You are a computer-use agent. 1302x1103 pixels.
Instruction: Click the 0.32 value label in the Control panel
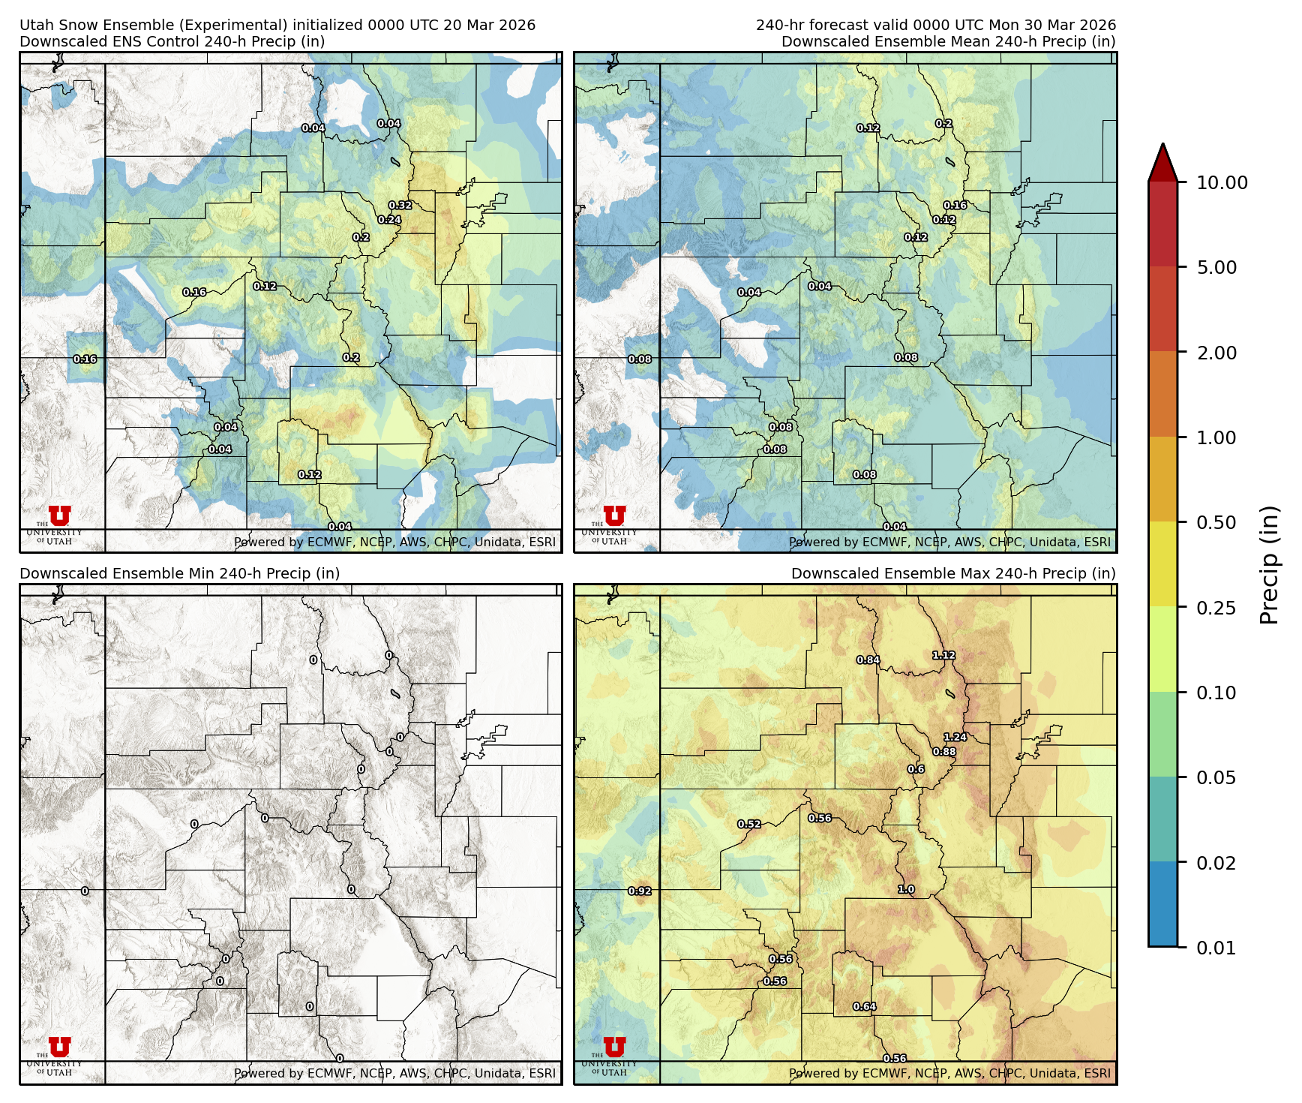tap(400, 206)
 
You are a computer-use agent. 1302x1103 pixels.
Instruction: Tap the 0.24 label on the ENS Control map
tap(389, 220)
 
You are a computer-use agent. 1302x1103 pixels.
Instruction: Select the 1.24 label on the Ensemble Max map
tap(955, 737)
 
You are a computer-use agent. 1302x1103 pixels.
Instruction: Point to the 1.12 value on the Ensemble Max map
tap(943, 655)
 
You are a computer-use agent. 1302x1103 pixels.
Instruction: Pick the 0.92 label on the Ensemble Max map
tap(640, 891)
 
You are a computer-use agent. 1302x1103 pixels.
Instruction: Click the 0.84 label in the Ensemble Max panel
tap(868, 660)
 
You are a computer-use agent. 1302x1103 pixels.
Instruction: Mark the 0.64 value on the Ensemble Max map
tap(864, 1006)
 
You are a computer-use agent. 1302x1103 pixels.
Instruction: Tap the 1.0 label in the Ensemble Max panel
tap(906, 889)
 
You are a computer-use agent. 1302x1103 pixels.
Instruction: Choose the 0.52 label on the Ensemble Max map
tap(748, 824)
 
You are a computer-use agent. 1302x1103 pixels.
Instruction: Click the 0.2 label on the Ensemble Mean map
tap(943, 124)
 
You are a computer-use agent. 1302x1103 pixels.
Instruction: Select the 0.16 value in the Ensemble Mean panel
tap(955, 206)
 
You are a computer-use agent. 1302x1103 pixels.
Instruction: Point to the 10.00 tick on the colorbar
tap(1222, 182)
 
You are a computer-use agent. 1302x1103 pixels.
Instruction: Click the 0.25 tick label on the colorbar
tap(1216, 608)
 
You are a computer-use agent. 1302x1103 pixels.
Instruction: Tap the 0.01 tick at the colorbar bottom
tap(1216, 948)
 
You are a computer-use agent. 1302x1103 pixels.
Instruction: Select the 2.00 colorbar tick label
tap(1216, 353)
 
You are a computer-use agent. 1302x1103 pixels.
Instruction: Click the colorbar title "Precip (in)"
tap(1269, 564)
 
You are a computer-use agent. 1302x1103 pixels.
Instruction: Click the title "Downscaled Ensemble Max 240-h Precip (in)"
tap(953, 573)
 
